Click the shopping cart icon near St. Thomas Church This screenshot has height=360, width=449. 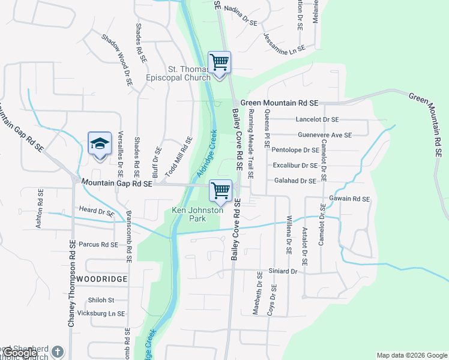[x=220, y=62]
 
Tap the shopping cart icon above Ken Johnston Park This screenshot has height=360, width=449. [x=220, y=191]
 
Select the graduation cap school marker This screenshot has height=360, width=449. [x=100, y=144]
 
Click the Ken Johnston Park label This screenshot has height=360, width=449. [x=197, y=215]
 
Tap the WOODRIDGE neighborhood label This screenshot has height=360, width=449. [x=101, y=280]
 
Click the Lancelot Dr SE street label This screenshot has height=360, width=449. [x=317, y=120]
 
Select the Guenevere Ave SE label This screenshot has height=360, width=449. [x=325, y=135]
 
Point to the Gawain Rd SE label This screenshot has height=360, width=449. [x=349, y=199]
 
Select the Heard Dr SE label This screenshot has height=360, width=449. [x=97, y=211]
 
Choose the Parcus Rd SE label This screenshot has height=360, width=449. [x=98, y=244]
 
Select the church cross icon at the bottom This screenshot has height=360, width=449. [x=57, y=352]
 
